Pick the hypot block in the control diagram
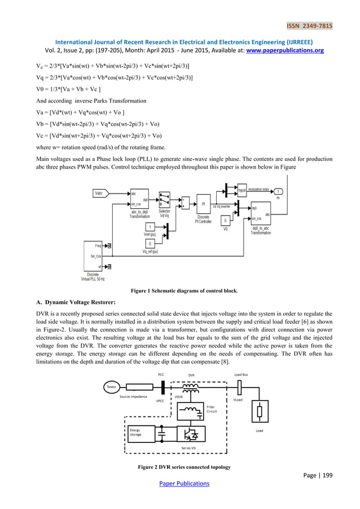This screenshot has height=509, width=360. pos(243,192)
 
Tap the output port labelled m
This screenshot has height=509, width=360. pos(279,192)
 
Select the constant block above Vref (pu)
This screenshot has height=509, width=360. pos(150,227)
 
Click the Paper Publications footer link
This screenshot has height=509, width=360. pos(180,483)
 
